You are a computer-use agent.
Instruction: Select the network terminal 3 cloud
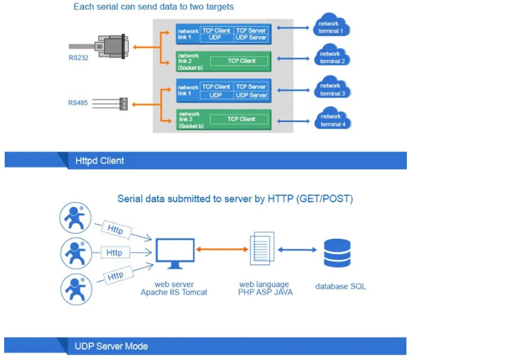[332, 89]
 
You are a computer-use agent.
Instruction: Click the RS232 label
[79, 58]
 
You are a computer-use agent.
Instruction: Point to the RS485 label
[78, 103]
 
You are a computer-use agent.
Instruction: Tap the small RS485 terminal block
[123, 103]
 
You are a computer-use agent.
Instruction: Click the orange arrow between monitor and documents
[222, 249]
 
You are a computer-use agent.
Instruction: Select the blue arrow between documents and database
[298, 249]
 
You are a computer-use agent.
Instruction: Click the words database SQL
[341, 286]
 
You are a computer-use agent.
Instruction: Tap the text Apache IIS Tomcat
[174, 292]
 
